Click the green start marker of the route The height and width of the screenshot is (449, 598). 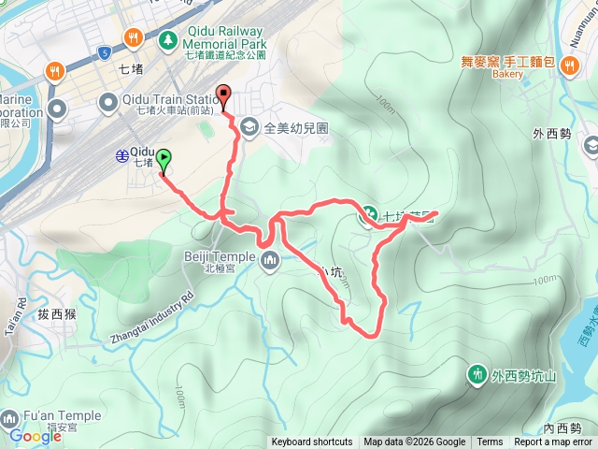164,161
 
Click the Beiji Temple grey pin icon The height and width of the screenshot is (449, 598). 271,260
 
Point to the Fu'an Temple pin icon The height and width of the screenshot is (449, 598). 9,417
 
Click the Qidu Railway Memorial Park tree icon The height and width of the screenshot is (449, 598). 168,38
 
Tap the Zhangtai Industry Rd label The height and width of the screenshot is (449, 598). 151,317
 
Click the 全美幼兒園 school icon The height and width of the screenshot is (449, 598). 249,126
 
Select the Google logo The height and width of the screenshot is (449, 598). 36,436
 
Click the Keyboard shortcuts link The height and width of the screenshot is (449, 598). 313,442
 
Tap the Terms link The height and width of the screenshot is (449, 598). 490,442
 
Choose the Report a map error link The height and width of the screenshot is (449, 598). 553,442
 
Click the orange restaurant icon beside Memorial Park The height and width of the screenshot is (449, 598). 133,38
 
